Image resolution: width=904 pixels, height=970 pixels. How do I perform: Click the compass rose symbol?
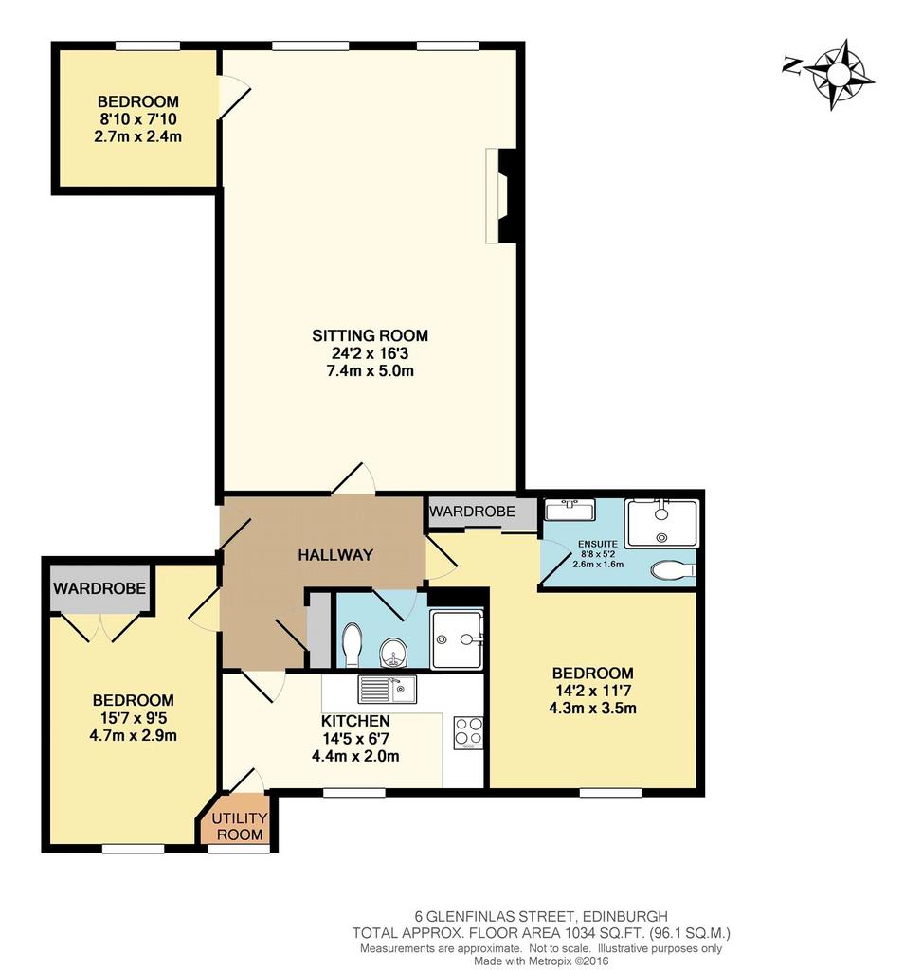839,75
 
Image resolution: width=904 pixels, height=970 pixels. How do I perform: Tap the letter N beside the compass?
791,63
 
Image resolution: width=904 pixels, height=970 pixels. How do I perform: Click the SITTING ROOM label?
370,335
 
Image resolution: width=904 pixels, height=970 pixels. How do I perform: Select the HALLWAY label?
335,555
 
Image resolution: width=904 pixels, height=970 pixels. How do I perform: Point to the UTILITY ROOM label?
240,826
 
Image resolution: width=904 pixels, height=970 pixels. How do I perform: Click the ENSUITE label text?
598,544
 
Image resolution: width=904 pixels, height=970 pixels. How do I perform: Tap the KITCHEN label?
355,721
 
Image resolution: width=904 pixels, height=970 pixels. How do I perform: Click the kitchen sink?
388,690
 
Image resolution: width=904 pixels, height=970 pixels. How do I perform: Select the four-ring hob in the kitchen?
468,732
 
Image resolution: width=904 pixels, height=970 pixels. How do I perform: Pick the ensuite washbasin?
570,510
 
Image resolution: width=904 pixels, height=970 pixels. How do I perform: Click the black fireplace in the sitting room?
507,196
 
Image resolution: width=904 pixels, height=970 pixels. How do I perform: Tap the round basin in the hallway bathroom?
391,653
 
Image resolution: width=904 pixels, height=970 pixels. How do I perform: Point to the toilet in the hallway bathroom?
353,645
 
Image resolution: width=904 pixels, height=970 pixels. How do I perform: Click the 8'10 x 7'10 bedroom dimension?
138,118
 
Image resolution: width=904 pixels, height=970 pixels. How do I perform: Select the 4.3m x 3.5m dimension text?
593,709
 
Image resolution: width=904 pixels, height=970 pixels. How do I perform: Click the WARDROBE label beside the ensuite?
472,512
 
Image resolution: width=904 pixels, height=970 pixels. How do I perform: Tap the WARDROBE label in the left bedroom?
99,587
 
